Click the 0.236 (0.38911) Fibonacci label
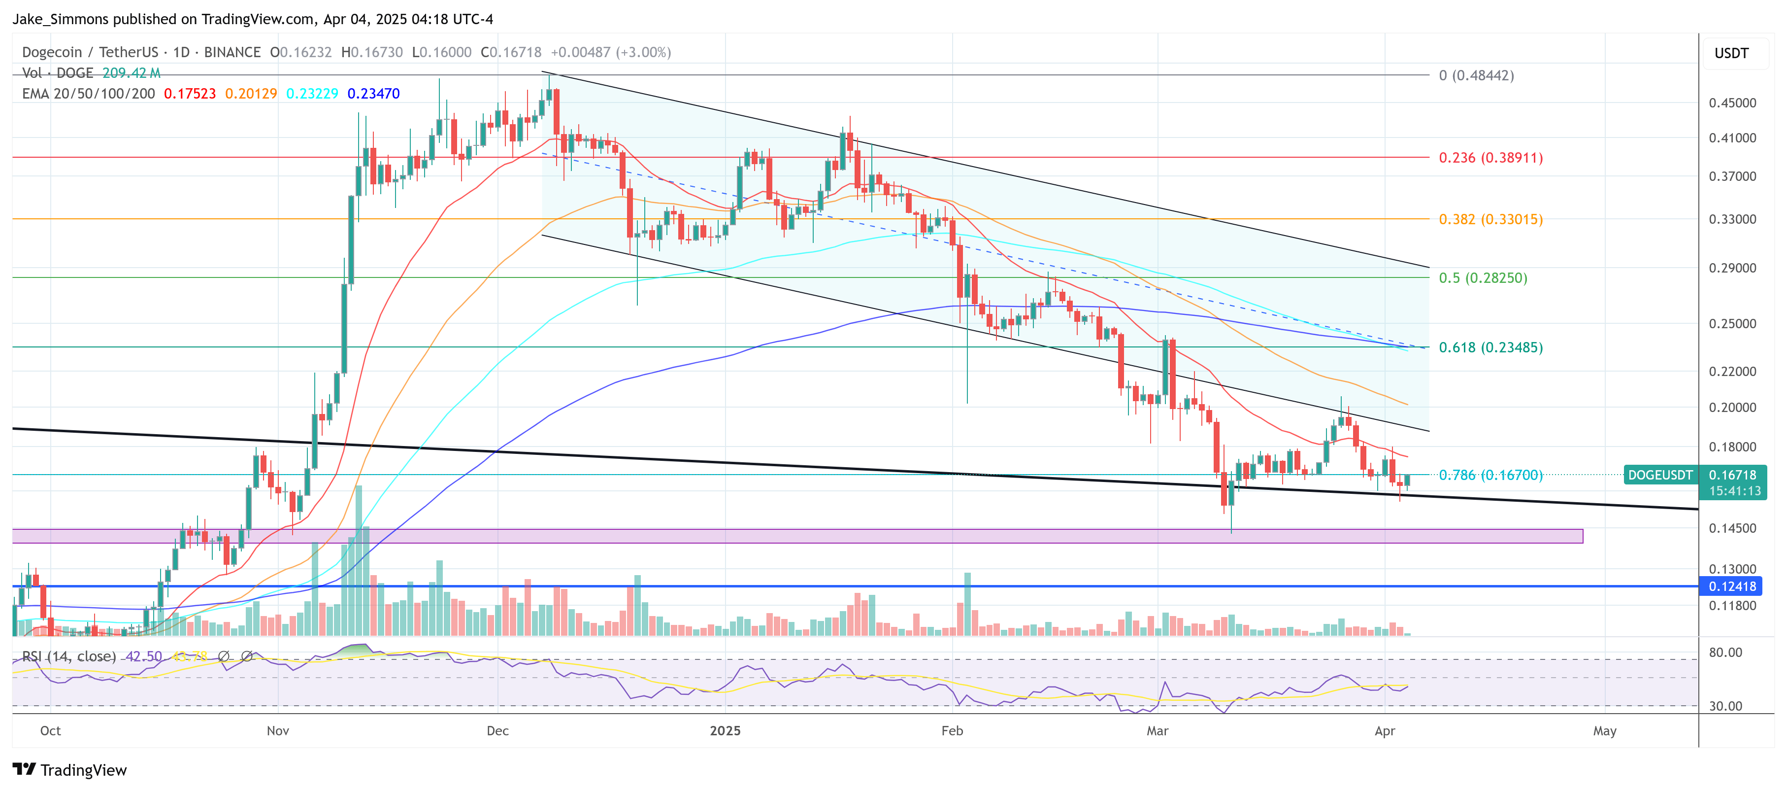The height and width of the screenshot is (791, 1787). click(1490, 158)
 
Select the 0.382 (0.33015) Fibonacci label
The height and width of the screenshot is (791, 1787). click(1490, 219)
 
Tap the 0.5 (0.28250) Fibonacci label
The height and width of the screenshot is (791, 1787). click(1483, 277)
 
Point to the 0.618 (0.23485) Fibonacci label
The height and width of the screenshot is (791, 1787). click(1490, 347)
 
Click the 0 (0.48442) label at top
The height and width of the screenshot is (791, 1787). click(1476, 75)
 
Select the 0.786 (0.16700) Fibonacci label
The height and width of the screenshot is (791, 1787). click(1490, 475)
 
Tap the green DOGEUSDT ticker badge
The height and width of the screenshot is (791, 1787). click(1660, 475)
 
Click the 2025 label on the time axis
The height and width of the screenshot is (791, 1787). click(725, 731)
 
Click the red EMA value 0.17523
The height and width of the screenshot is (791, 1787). click(189, 94)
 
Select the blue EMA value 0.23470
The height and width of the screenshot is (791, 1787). click(373, 94)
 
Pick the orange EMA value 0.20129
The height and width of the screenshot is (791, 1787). click(250, 94)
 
